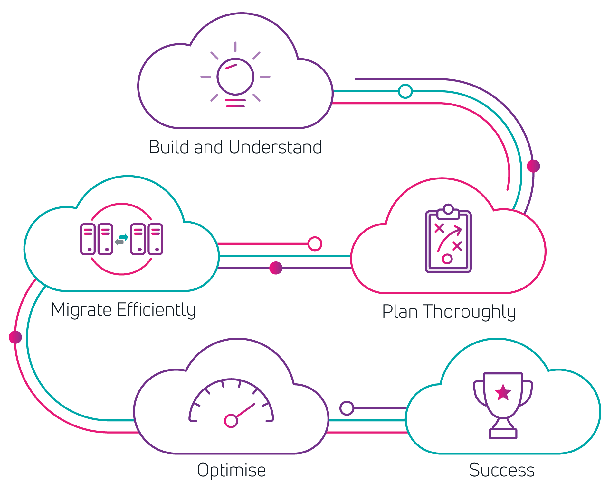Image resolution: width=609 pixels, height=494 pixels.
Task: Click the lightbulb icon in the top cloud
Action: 235,77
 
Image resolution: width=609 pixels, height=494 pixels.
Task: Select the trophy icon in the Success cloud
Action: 503,405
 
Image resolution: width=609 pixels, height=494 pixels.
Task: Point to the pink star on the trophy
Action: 503,393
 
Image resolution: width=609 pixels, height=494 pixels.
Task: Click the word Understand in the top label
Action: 275,148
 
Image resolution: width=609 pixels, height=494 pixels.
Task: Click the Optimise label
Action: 232,471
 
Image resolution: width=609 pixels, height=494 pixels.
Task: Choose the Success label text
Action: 502,470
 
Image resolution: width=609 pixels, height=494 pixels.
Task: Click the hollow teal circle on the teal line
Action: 405,91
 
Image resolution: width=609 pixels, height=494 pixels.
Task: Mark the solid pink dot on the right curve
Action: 533,166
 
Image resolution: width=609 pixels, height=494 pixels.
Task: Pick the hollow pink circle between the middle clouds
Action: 315,244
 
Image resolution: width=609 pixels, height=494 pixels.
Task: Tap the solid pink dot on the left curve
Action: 15,337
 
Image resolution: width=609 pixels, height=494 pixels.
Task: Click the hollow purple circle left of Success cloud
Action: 347,408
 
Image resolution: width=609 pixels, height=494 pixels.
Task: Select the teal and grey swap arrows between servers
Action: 121,240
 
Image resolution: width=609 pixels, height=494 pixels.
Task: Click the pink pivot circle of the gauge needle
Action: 231,421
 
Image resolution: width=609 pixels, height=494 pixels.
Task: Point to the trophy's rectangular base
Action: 503,434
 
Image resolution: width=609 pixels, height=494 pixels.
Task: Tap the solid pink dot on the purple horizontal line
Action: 276,268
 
